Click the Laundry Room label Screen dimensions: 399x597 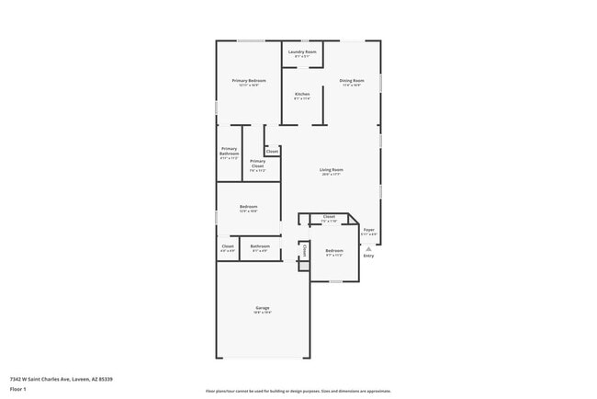302,52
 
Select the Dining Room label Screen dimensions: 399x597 352,81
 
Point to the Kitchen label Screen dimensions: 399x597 302,95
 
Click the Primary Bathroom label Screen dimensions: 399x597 230,150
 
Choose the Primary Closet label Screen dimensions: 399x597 257,164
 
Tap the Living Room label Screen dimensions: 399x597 332,170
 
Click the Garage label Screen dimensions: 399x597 263,308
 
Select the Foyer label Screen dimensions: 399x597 368,230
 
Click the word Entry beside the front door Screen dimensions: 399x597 368,256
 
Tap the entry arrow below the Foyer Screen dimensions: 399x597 368,247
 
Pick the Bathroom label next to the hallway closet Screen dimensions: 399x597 260,245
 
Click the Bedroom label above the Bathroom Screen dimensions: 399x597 248,207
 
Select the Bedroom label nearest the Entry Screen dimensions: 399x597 334,250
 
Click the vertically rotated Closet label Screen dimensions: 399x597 304,249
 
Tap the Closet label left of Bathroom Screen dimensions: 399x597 228,245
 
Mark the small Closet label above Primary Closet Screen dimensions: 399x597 272,151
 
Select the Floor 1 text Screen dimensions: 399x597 18,389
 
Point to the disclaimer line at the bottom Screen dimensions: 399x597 298,391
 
